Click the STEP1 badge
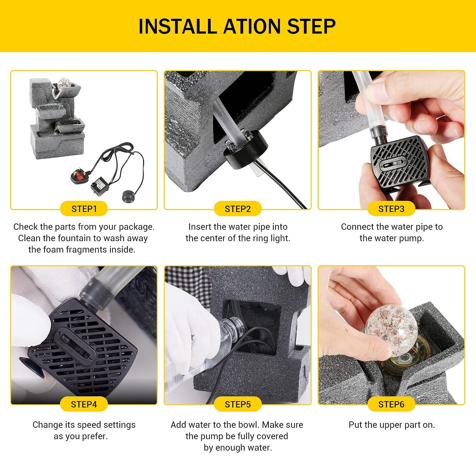tap(84, 209)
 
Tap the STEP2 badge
tap(238, 209)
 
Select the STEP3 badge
tap(391, 209)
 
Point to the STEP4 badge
tap(84, 404)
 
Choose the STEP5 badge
tap(238, 404)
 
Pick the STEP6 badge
tap(391, 404)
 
